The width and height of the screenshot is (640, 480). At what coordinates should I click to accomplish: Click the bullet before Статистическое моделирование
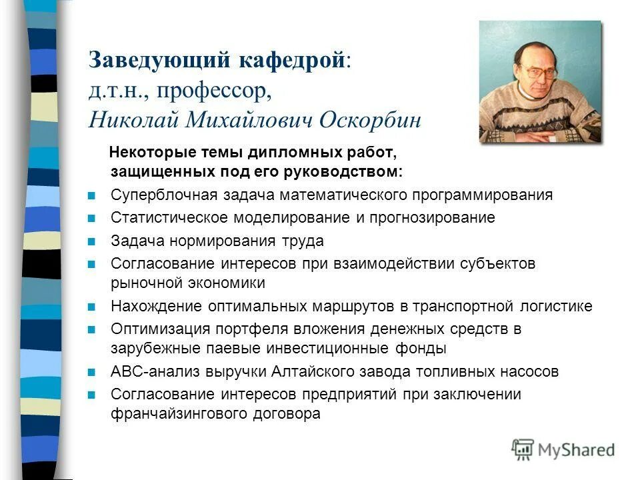(92, 219)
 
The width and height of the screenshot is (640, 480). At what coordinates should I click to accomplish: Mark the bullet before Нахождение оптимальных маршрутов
(92, 307)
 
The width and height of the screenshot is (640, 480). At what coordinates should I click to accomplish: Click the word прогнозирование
(431, 218)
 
